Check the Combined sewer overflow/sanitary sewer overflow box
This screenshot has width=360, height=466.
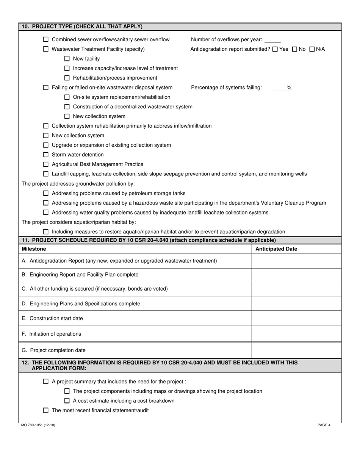[46, 39]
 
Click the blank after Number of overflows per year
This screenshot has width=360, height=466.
[272, 40]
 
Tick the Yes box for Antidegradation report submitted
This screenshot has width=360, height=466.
[275, 49]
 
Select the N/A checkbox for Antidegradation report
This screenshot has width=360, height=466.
[312, 49]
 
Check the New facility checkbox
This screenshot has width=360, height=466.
[67, 59]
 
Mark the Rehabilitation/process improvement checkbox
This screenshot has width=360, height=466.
[67, 78]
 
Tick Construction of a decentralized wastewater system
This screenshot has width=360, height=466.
[67, 107]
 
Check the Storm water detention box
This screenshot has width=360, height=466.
[46, 155]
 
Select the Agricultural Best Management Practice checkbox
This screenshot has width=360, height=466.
[46, 164]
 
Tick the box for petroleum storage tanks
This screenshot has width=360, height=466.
[46, 193]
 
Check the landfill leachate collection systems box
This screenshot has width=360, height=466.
[46, 213]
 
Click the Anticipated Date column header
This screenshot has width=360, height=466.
[276, 249]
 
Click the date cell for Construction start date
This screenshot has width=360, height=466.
[296, 318]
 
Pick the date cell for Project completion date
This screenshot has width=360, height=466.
[296, 350]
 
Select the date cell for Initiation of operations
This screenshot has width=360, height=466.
[296, 334]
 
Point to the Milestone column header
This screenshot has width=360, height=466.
[34, 249]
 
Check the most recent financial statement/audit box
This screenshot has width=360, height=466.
[46, 410]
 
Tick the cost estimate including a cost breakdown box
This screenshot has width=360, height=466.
[67, 401]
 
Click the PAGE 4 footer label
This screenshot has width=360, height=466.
[324, 425]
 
